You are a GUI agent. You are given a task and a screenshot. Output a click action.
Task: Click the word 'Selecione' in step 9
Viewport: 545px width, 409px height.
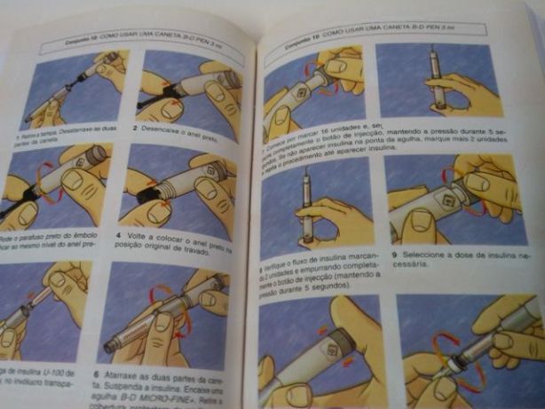(421, 252)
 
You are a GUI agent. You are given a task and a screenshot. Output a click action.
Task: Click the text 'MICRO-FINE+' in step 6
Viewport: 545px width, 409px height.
(172, 397)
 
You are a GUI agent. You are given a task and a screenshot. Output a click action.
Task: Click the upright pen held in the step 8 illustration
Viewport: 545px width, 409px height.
(305, 203)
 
